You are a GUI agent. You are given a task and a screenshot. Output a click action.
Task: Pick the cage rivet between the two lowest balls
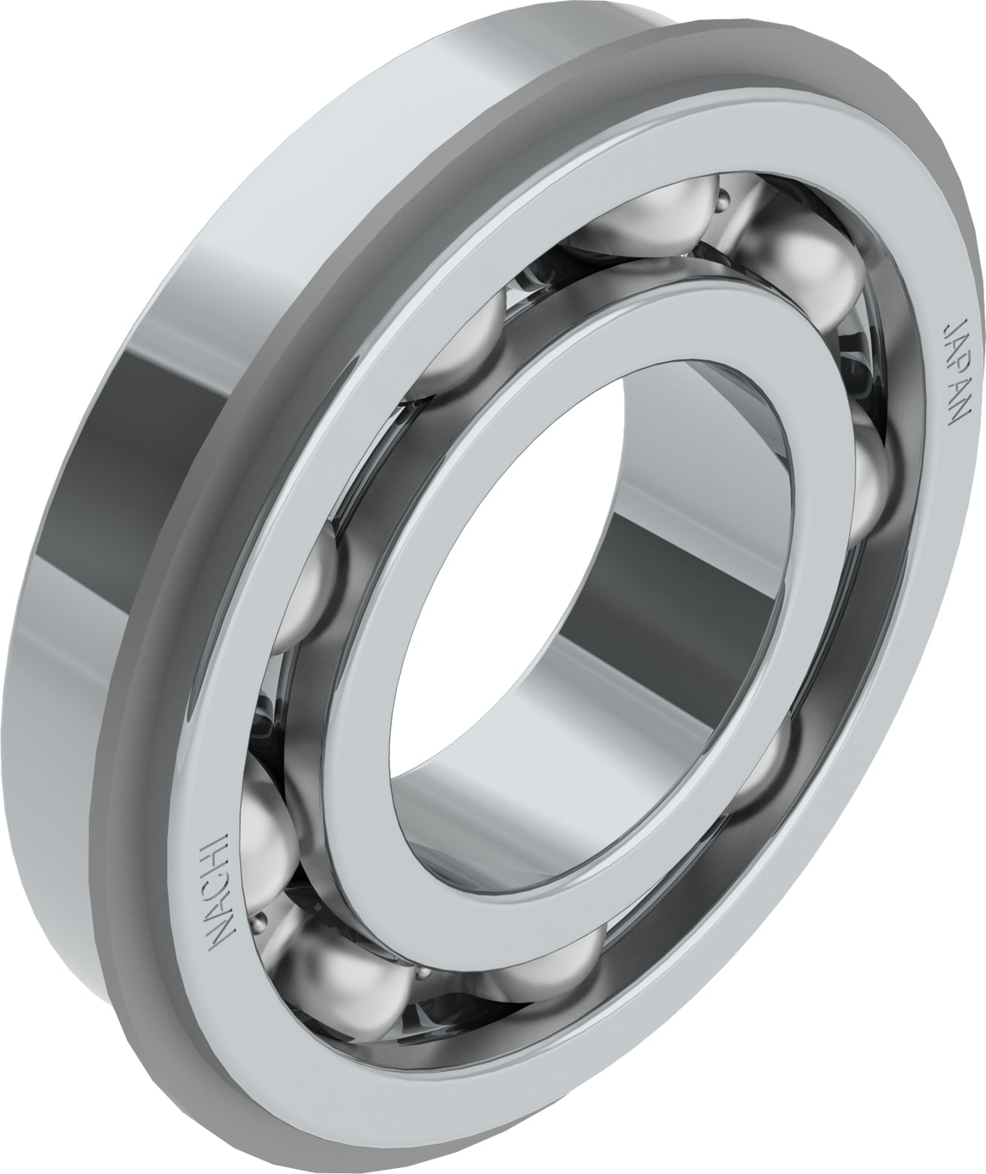(424, 974)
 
